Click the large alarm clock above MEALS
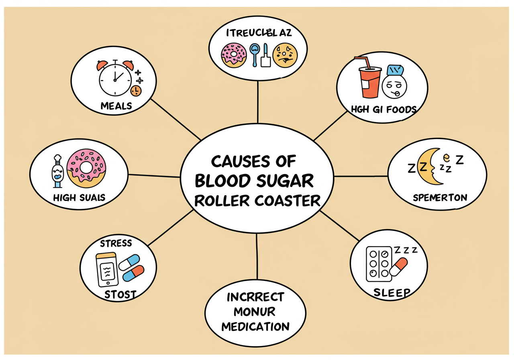pyautogui.click(x=115, y=78)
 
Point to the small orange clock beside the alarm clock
pyautogui.click(x=136, y=90)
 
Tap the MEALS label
pyautogui.click(x=116, y=106)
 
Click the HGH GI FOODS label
pyautogui.click(x=383, y=109)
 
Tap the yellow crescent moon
pyautogui.click(x=432, y=166)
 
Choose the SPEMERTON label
pyautogui.click(x=440, y=198)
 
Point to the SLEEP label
pyautogui.click(x=392, y=292)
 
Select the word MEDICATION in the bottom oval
pyautogui.click(x=255, y=326)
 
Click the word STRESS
pyautogui.click(x=116, y=243)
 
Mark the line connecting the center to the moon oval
pyautogui.click(x=361, y=176)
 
